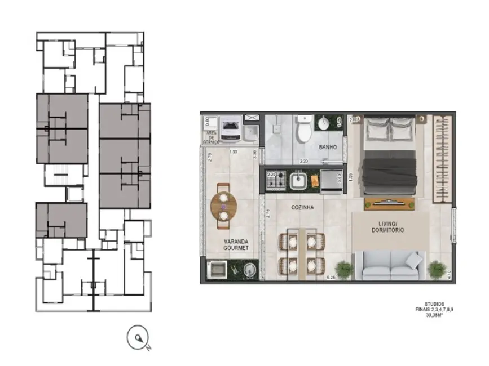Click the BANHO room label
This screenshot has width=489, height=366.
pos(327,147)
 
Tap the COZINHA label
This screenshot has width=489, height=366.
pos(302,207)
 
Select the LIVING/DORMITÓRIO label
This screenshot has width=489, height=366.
pos(387,227)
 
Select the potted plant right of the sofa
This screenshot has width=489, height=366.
pos(436,270)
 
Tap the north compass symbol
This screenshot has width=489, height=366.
pos(138,338)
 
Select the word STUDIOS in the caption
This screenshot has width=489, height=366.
pos(435,303)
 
